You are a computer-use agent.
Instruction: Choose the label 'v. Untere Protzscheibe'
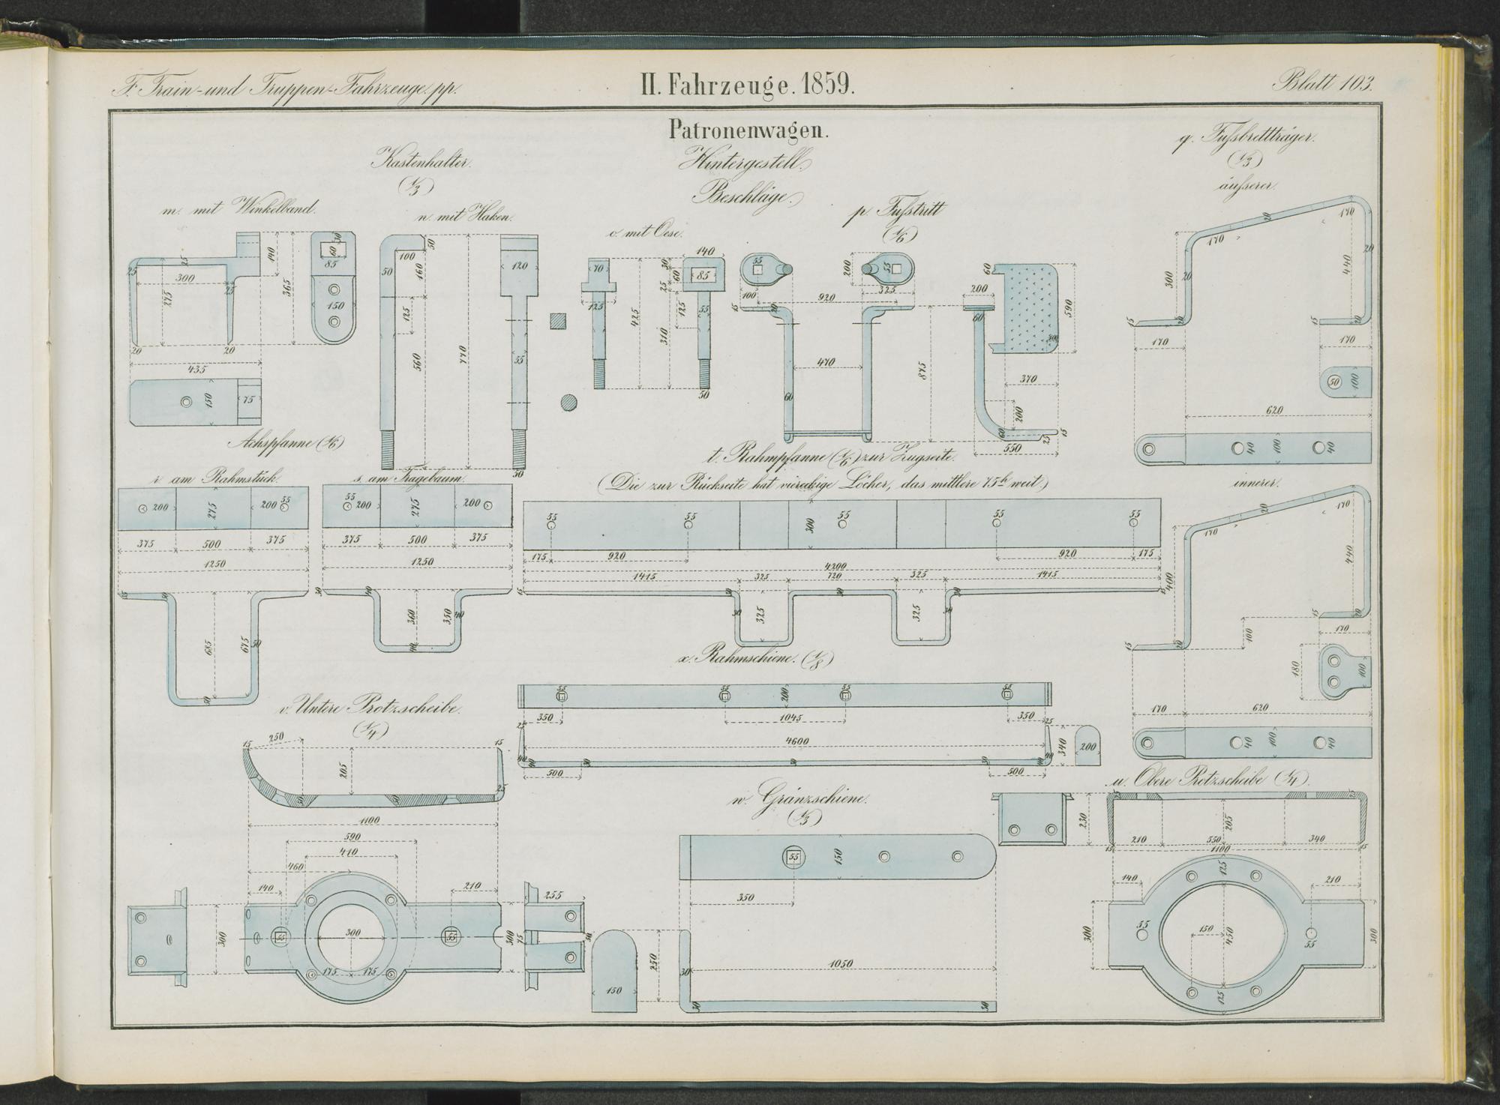[367, 707]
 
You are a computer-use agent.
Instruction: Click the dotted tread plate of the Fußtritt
[1033, 307]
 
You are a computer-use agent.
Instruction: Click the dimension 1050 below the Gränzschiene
[841, 963]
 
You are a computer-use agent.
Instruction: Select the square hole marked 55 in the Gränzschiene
[793, 856]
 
